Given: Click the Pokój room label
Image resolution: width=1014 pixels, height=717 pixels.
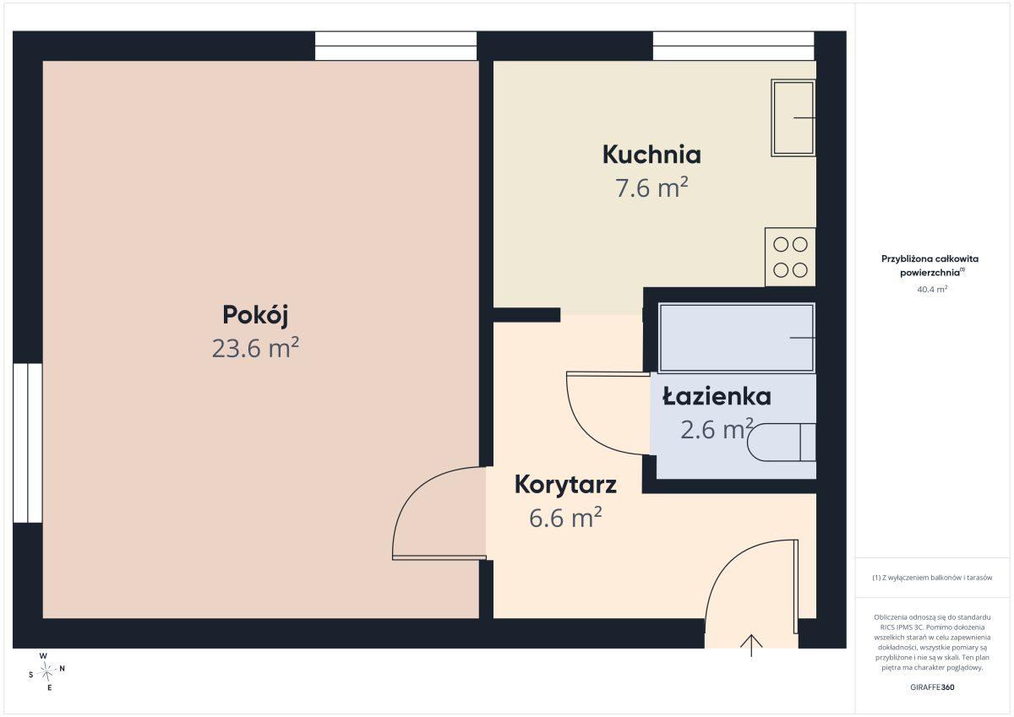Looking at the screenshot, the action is click(x=255, y=315).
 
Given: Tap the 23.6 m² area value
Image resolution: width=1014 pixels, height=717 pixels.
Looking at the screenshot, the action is click(x=255, y=348).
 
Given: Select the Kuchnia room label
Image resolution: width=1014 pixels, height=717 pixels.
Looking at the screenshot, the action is click(x=651, y=155).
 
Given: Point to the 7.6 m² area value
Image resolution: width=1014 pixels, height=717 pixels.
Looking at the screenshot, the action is click(x=651, y=187).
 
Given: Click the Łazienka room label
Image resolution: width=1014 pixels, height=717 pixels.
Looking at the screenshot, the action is click(x=717, y=396).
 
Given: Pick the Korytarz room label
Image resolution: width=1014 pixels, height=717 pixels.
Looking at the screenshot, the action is click(x=565, y=485).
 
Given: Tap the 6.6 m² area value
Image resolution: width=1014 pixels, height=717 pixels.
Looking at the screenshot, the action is click(x=565, y=518).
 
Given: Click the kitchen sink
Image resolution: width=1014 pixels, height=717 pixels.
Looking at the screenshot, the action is click(x=793, y=118).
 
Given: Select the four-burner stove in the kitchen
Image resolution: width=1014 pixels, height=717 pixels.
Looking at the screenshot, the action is click(x=790, y=257).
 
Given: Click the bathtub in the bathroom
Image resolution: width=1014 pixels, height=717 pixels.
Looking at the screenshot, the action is click(x=737, y=338).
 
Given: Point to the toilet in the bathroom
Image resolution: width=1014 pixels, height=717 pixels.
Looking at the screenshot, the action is click(x=782, y=443).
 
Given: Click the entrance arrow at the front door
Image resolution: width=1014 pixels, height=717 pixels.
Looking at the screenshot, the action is click(x=751, y=645).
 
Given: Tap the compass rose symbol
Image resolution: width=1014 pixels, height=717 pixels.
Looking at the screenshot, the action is click(x=46, y=671).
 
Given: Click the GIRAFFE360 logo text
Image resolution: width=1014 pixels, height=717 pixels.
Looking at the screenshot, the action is click(x=932, y=687).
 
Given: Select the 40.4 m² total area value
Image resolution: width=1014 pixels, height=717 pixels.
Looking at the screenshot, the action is click(x=932, y=289).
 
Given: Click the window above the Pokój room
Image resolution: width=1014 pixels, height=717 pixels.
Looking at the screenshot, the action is click(x=396, y=46).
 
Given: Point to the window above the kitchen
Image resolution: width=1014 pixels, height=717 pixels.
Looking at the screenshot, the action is click(x=733, y=46).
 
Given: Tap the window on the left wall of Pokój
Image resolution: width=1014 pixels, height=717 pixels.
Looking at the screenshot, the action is click(x=28, y=443).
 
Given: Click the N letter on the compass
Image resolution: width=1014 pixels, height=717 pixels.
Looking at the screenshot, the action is click(x=63, y=668).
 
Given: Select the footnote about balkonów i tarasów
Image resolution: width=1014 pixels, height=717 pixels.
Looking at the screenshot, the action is click(x=932, y=578).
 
